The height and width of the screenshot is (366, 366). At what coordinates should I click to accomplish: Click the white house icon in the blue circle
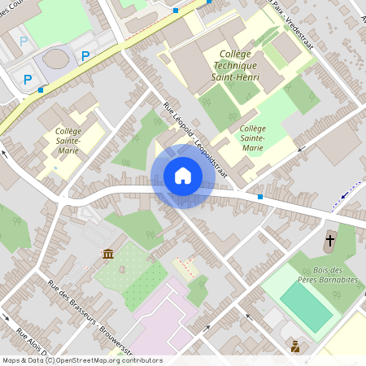[182, 176]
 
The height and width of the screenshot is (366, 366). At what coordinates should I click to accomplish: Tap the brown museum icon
[107, 255]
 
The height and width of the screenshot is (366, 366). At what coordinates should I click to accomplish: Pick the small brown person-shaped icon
[294, 346]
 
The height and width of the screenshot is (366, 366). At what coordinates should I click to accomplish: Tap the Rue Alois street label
[32, 342]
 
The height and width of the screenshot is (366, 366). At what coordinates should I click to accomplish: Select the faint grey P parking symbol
[24, 40]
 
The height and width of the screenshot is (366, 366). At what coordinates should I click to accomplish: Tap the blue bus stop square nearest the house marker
[259, 197]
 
